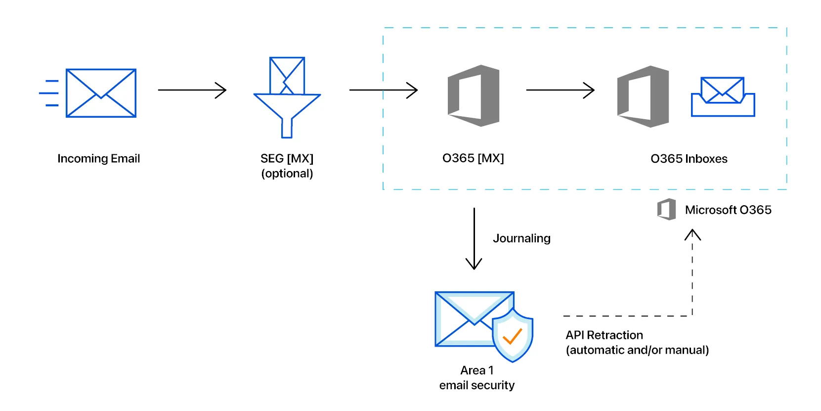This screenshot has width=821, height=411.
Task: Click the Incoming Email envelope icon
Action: pyautogui.click(x=101, y=93)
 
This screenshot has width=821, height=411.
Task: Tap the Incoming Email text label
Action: pyautogui.click(x=99, y=159)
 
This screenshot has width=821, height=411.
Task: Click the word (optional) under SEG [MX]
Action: pyautogui.click(x=287, y=174)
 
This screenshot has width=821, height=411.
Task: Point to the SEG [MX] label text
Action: pyautogui.click(x=287, y=159)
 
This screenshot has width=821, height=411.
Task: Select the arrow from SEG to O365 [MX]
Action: pyautogui.click(x=383, y=90)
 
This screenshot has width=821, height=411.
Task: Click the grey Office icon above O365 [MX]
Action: pyautogui.click(x=473, y=95)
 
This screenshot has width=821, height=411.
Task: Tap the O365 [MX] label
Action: pyautogui.click(x=473, y=158)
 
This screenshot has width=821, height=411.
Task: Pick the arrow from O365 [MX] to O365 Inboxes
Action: pyautogui.click(x=560, y=90)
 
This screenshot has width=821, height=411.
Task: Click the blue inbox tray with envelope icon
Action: pyautogui.click(x=723, y=97)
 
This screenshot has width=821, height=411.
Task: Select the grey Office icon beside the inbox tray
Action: pyautogui.click(x=643, y=96)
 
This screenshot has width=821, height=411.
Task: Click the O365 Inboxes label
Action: pyautogui.click(x=689, y=159)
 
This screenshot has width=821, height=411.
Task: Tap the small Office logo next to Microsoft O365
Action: pyautogui.click(x=666, y=210)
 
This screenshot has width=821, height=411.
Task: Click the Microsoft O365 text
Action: pyautogui.click(x=728, y=210)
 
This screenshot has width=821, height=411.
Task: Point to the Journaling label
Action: pyautogui.click(x=521, y=238)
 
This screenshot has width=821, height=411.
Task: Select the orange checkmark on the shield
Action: pyautogui.click(x=513, y=337)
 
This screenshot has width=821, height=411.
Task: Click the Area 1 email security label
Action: pyautogui.click(x=477, y=378)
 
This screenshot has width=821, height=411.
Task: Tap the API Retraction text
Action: pyautogui.click(x=605, y=335)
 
